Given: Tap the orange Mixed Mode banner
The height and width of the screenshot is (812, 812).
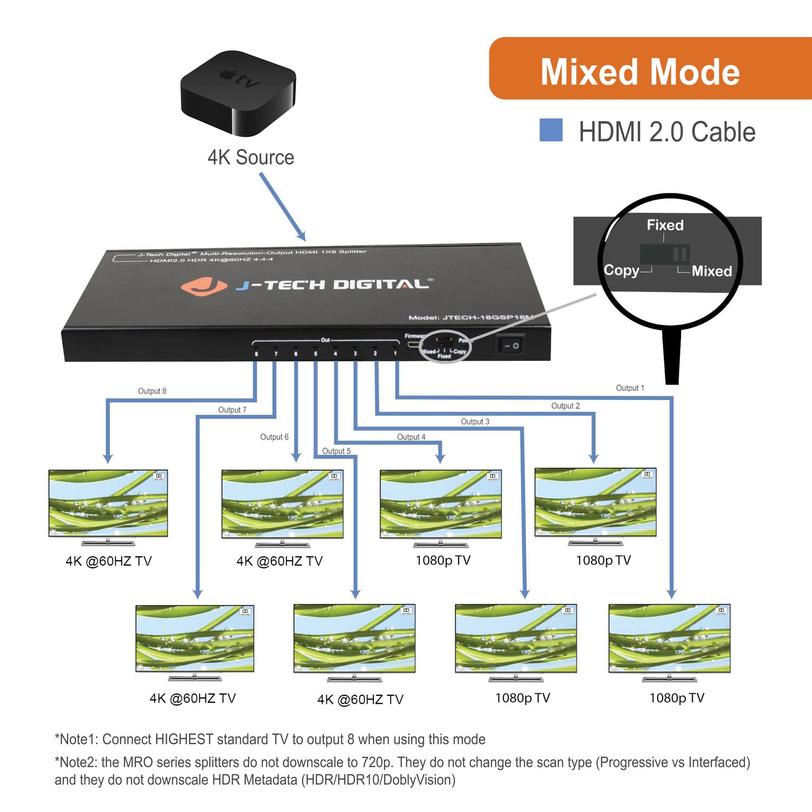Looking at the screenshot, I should coord(650,69).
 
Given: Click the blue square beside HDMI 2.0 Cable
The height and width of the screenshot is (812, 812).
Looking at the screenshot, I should coord(551,130).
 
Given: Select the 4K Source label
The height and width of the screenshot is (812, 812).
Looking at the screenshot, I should coord(251,158).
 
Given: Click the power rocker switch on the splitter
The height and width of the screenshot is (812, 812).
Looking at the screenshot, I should coord(510,346).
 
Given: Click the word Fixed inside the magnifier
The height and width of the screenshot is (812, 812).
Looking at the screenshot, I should coord(665,225).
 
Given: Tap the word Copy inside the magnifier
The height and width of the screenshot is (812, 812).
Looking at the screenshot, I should coord(621,270).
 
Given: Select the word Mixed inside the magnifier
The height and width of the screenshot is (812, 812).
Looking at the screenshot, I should coord(712,271).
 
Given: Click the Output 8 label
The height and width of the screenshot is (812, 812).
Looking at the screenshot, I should coord(152,391).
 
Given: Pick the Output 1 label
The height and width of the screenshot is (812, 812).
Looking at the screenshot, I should coord(630,388).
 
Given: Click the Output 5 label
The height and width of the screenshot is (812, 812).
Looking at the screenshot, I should coord(336,451).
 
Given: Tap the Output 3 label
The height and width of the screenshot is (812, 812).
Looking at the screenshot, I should coord(475,421).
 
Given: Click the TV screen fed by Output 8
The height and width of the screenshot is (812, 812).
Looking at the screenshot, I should coord(108,503).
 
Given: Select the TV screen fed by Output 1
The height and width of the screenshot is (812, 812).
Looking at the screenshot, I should coord(669,638).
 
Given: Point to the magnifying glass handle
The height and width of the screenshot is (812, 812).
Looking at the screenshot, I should coord(672,357).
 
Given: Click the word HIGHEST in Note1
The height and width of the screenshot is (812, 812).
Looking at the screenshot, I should coord(184,739).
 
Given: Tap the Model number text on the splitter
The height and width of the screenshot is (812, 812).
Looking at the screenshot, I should coord(471,317).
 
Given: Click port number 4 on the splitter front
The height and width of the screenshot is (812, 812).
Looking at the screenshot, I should coord(335,354).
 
